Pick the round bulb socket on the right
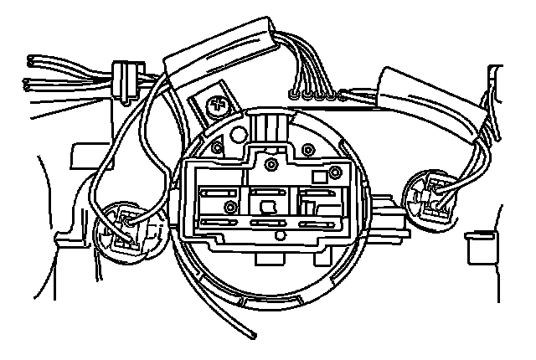(430, 201)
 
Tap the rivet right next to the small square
(335, 172)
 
